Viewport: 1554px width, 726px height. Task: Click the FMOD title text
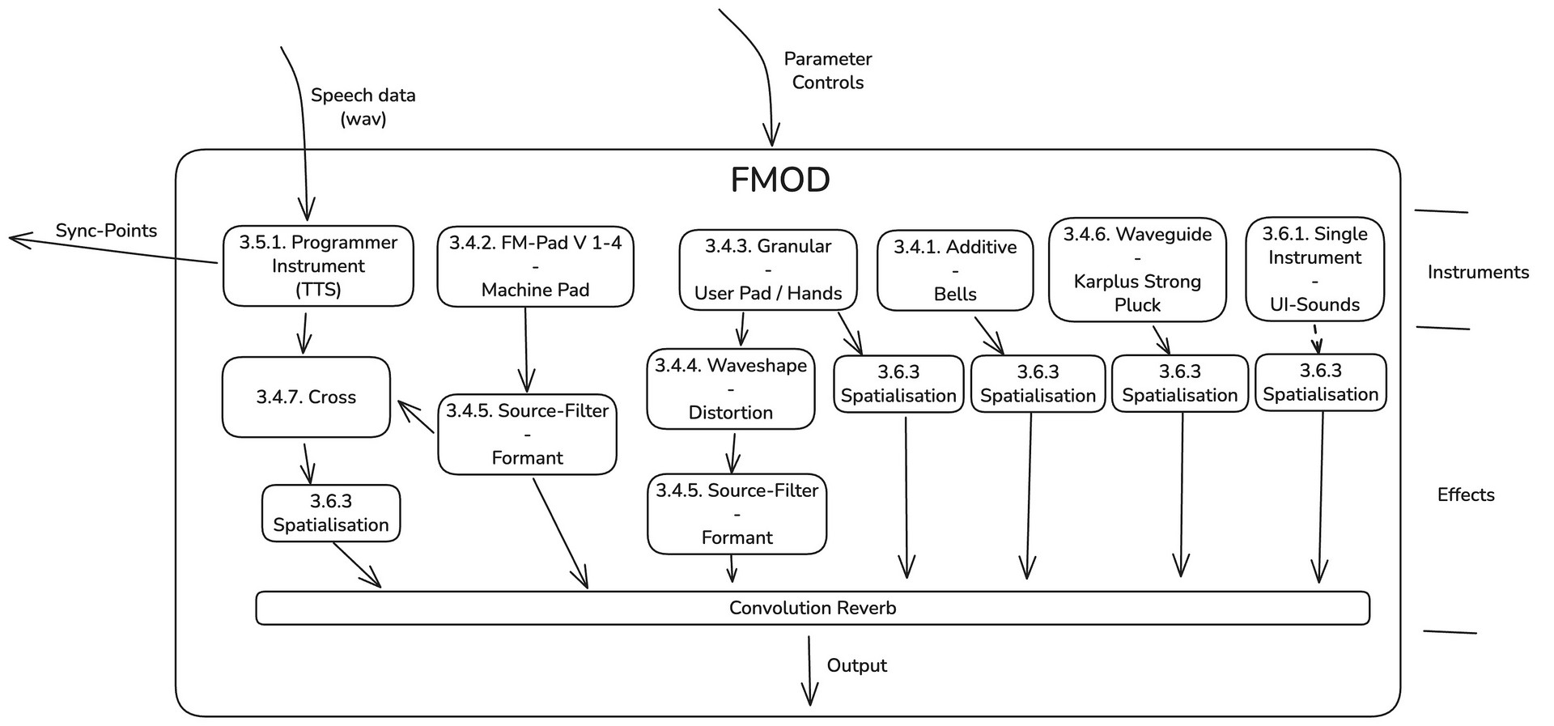pyautogui.click(x=779, y=180)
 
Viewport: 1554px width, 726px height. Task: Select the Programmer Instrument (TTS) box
pyautogui.click(x=318, y=265)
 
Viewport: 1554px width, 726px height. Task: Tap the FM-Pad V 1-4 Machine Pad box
pyautogui.click(x=535, y=266)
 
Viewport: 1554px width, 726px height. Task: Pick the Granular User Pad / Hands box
pyautogui.click(x=767, y=270)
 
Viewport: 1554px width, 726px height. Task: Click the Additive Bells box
pyautogui.click(x=955, y=270)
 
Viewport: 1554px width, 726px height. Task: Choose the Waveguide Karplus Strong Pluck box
pyautogui.click(x=1137, y=270)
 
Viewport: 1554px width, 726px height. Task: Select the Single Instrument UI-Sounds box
pyautogui.click(x=1314, y=269)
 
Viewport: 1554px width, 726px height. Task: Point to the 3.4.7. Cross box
pyautogui.click(x=306, y=397)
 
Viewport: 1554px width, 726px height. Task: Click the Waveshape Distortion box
pyautogui.click(x=730, y=389)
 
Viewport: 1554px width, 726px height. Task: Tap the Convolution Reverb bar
pyautogui.click(x=813, y=608)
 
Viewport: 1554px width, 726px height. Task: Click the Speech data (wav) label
pyautogui.click(x=363, y=107)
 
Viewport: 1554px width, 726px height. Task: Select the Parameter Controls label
pyautogui.click(x=827, y=70)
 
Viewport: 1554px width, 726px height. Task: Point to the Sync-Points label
pyautogui.click(x=106, y=231)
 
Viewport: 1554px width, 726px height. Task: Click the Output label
pyautogui.click(x=856, y=665)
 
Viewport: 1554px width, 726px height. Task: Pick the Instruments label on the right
pyautogui.click(x=1478, y=272)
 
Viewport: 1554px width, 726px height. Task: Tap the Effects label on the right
pyautogui.click(x=1466, y=495)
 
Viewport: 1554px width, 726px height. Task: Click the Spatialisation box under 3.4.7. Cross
pyautogui.click(x=330, y=513)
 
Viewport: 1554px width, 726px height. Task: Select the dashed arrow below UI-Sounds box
pyautogui.click(x=1316, y=338)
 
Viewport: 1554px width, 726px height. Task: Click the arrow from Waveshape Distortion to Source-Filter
pyautogui.click(x=733, y=452)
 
